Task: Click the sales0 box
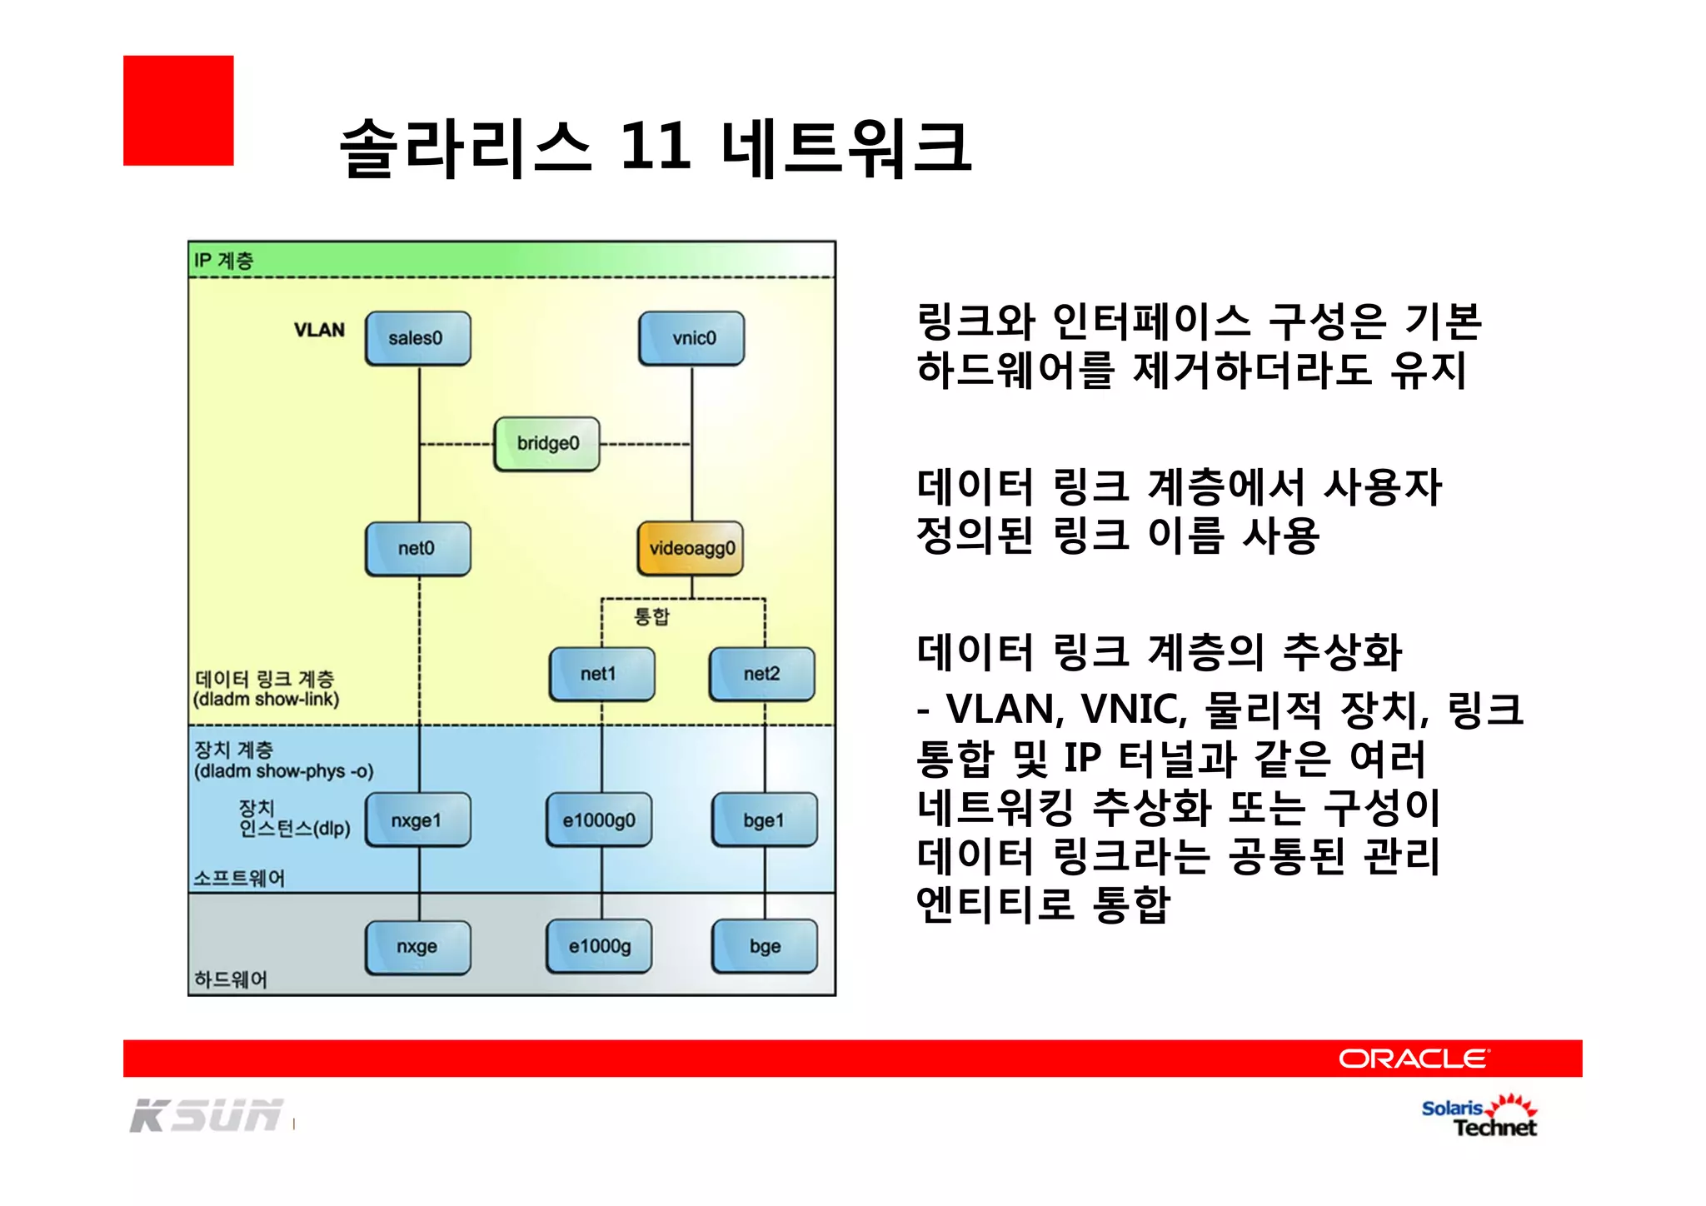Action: [417, 338]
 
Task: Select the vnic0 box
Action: [691, 338]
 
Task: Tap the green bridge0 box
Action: [546, 444]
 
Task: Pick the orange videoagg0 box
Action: [691, 548]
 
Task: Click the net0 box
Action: [417, 548]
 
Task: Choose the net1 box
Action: [601, 674]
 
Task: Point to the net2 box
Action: [762, 674]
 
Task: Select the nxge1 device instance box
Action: [417, 820]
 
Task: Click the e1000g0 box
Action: [599, 820]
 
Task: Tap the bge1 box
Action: [764, 820]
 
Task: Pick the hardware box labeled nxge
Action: [417, 947]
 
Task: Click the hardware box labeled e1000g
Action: [599, 947]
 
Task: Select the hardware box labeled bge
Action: [764, 947]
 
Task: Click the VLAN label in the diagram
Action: [319, 331]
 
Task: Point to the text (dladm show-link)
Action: [267, 700]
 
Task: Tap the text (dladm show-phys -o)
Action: [283, 771]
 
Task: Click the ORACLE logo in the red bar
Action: [1414, 1059]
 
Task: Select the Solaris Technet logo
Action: [1479, 1117]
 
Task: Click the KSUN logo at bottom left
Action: [206, 1115]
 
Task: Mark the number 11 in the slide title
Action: [656, 147]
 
